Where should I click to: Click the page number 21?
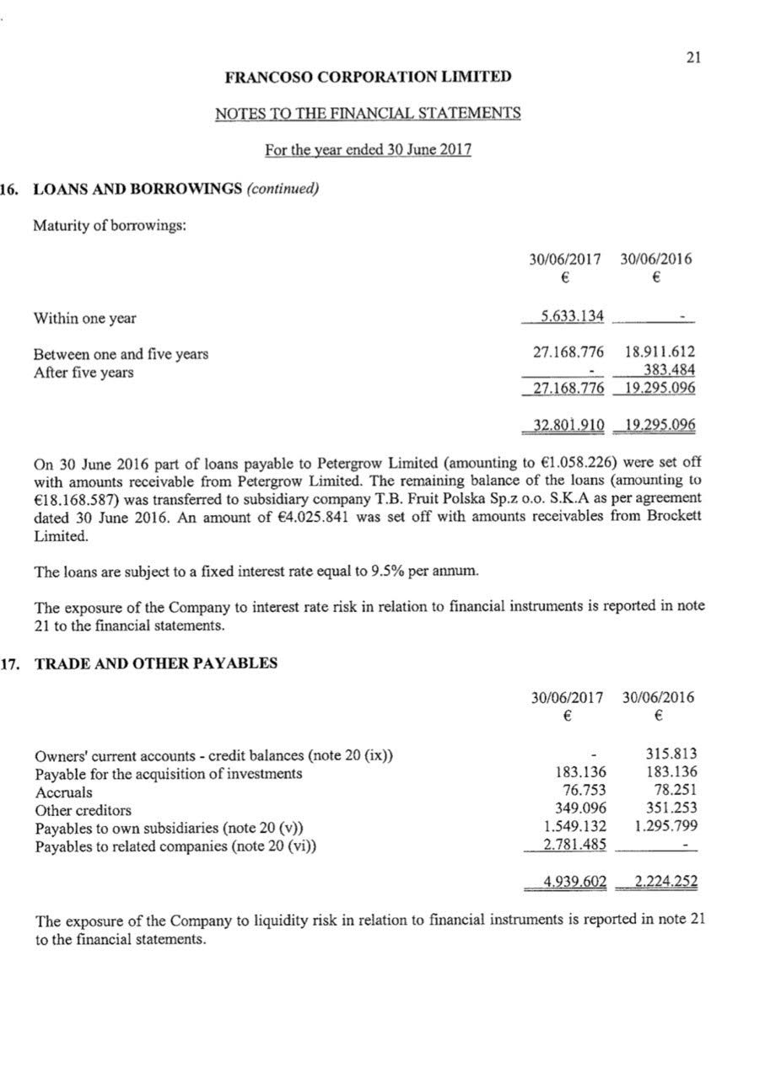click(693, 57)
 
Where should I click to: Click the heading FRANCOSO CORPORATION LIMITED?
click(368, 77)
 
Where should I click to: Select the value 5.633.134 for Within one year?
click(572, 317)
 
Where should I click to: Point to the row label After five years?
click(84, 373)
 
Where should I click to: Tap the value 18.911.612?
click(659, 353)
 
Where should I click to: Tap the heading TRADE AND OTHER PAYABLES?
click(155, 663)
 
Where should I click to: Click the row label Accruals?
click(64, 792)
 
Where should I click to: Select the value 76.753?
click(584, 791)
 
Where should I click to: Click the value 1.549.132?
click(575, 827)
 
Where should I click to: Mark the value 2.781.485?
click(575, 845)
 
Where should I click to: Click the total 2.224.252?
click(665, 883)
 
